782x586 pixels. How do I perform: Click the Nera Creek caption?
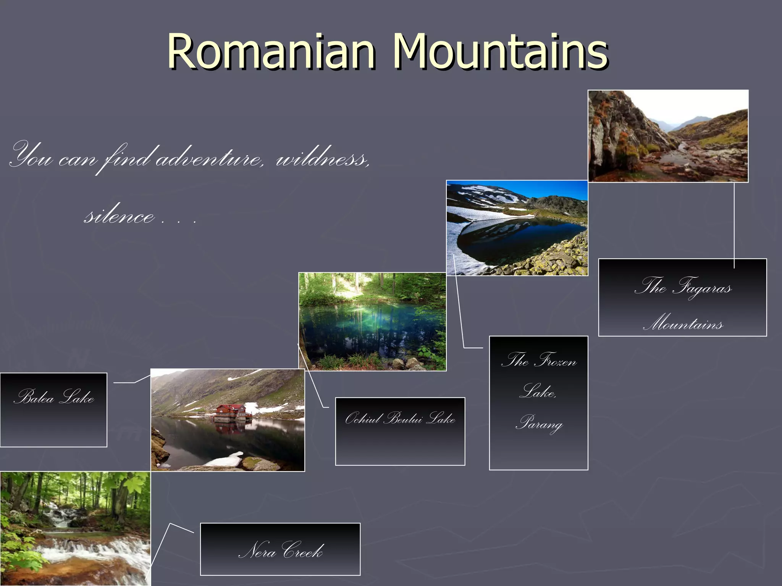(280, 549)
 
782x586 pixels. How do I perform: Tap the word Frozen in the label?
(557, 360)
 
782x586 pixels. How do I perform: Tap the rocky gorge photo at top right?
(668, 136)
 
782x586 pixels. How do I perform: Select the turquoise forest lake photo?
(372, 321)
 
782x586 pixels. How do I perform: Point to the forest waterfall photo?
(75, 528)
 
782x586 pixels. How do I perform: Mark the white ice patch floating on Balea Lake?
(225, 459)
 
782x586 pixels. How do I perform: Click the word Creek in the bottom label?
(303, 551)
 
